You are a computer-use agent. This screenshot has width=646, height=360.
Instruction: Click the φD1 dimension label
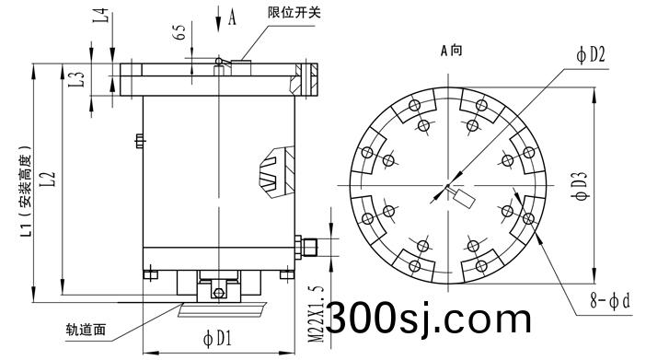pos(217,339)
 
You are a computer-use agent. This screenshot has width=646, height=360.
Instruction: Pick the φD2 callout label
pos(591,54)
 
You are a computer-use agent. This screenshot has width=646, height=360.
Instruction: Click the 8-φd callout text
pos(610,301)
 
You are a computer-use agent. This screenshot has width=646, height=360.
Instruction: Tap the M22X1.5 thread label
pos(317,313)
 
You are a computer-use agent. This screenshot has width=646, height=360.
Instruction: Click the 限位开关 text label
pos(294,13)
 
